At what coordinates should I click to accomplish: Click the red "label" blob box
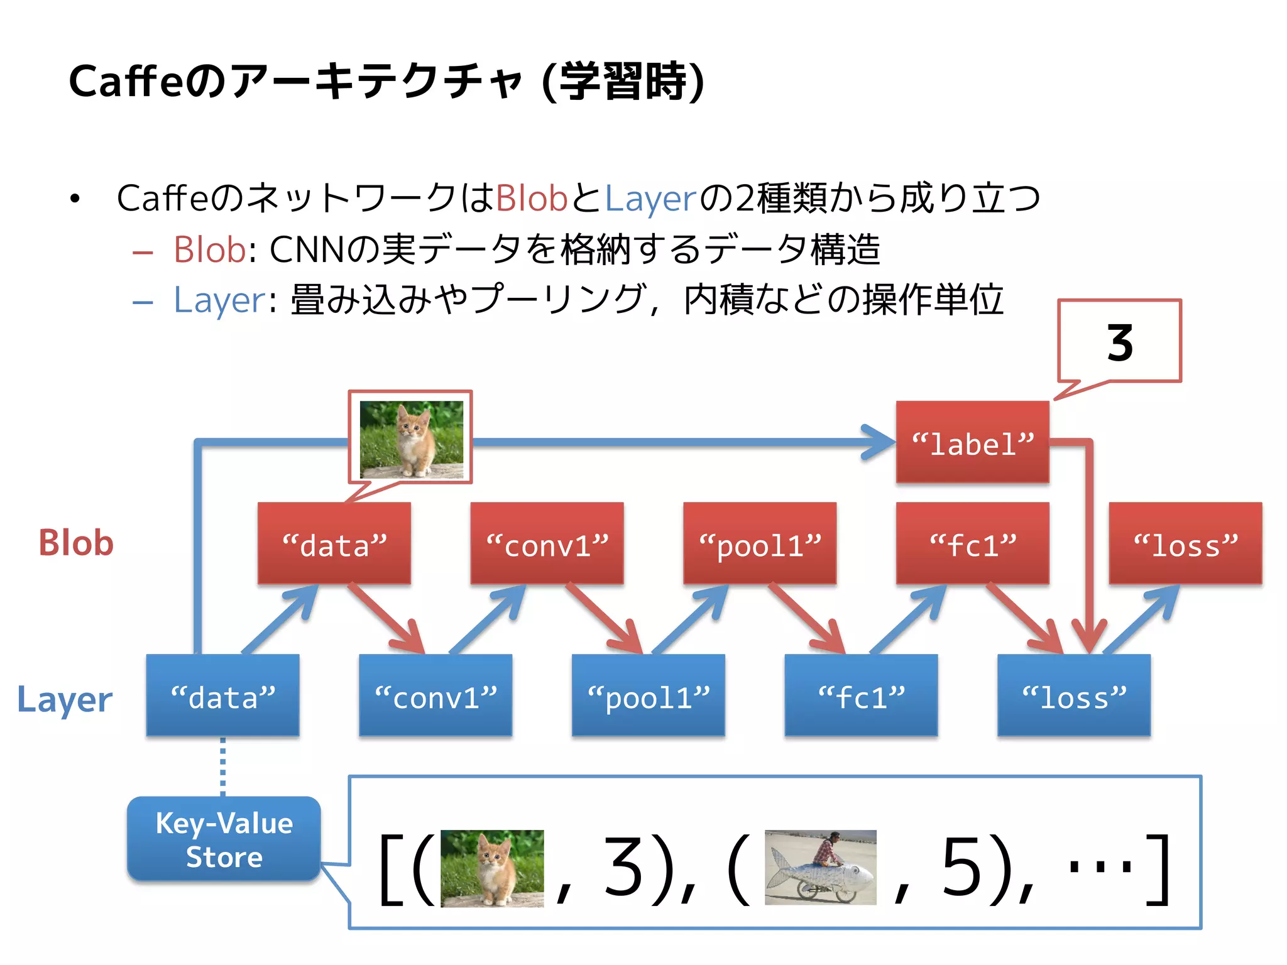972,442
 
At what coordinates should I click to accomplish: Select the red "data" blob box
334,543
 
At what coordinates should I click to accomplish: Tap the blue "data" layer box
222,695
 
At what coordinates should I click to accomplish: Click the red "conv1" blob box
547,543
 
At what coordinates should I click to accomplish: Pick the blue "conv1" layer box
435,695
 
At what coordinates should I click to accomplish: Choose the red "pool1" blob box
760,543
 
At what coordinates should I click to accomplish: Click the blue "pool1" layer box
648,695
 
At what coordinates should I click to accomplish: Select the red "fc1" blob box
972,543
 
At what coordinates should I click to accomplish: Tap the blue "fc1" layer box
861,695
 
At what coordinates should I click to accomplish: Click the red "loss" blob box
1185,543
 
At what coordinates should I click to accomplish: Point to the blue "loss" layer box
1074,695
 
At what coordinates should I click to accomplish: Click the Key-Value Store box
224,839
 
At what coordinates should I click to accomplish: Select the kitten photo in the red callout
411,439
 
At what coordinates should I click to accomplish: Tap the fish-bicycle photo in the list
820,867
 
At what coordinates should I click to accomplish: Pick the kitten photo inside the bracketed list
492,868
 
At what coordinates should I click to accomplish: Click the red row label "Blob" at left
76,543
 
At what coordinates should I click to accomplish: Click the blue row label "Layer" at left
65,699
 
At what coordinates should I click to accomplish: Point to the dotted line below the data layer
222,766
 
